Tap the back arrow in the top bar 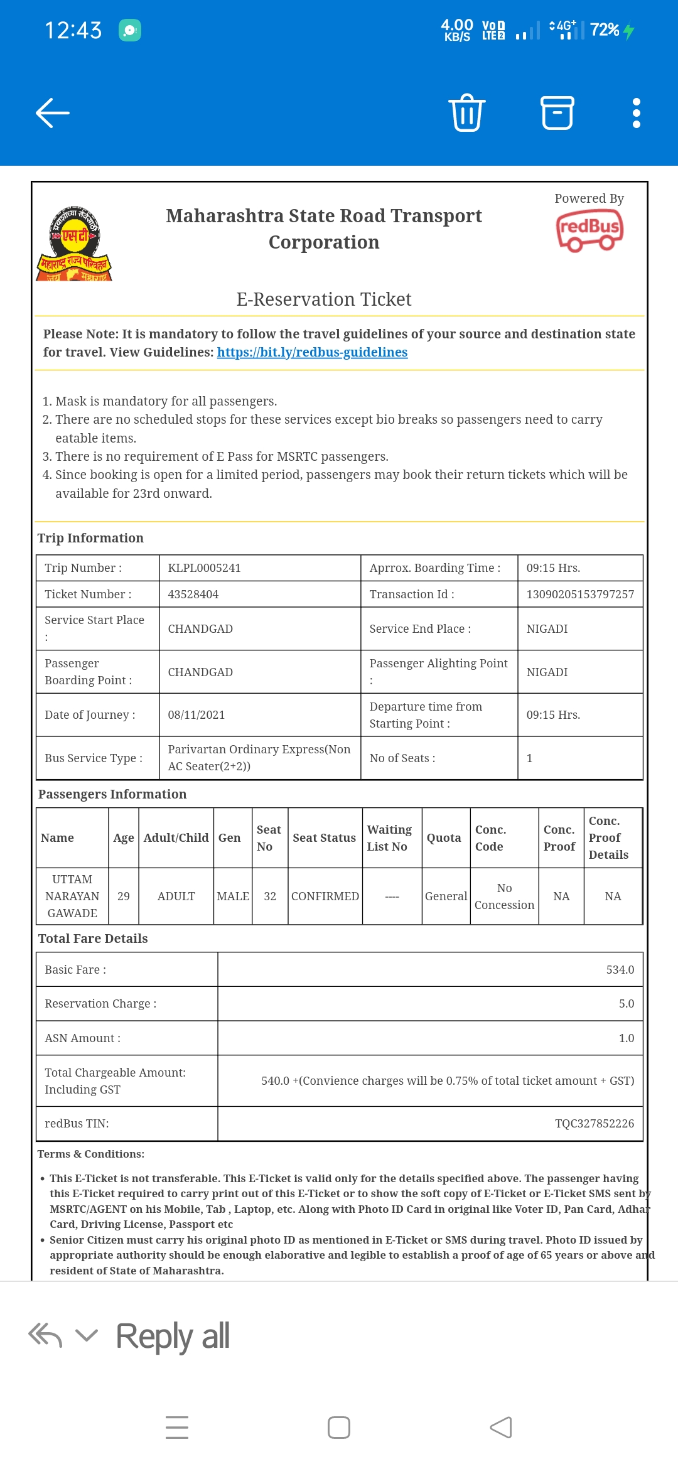point(53,113)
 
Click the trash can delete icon point(467,113)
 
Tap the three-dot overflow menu point(636,113)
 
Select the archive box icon point(557,113)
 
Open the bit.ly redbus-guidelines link point(312,352)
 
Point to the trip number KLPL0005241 point(204,568)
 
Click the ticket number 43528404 point(193,595)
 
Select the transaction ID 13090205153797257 point(580,595)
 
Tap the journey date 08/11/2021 point(196,715)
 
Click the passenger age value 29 point(124,896)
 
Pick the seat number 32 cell point(270,896)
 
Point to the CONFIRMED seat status point(325,896)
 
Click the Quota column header point(444,838)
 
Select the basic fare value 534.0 point(620,970)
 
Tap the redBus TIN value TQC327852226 point(594,1124)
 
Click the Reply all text point(173,1336)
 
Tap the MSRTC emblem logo point(74,244)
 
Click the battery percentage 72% point(605,30)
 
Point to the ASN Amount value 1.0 point(626,1038)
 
